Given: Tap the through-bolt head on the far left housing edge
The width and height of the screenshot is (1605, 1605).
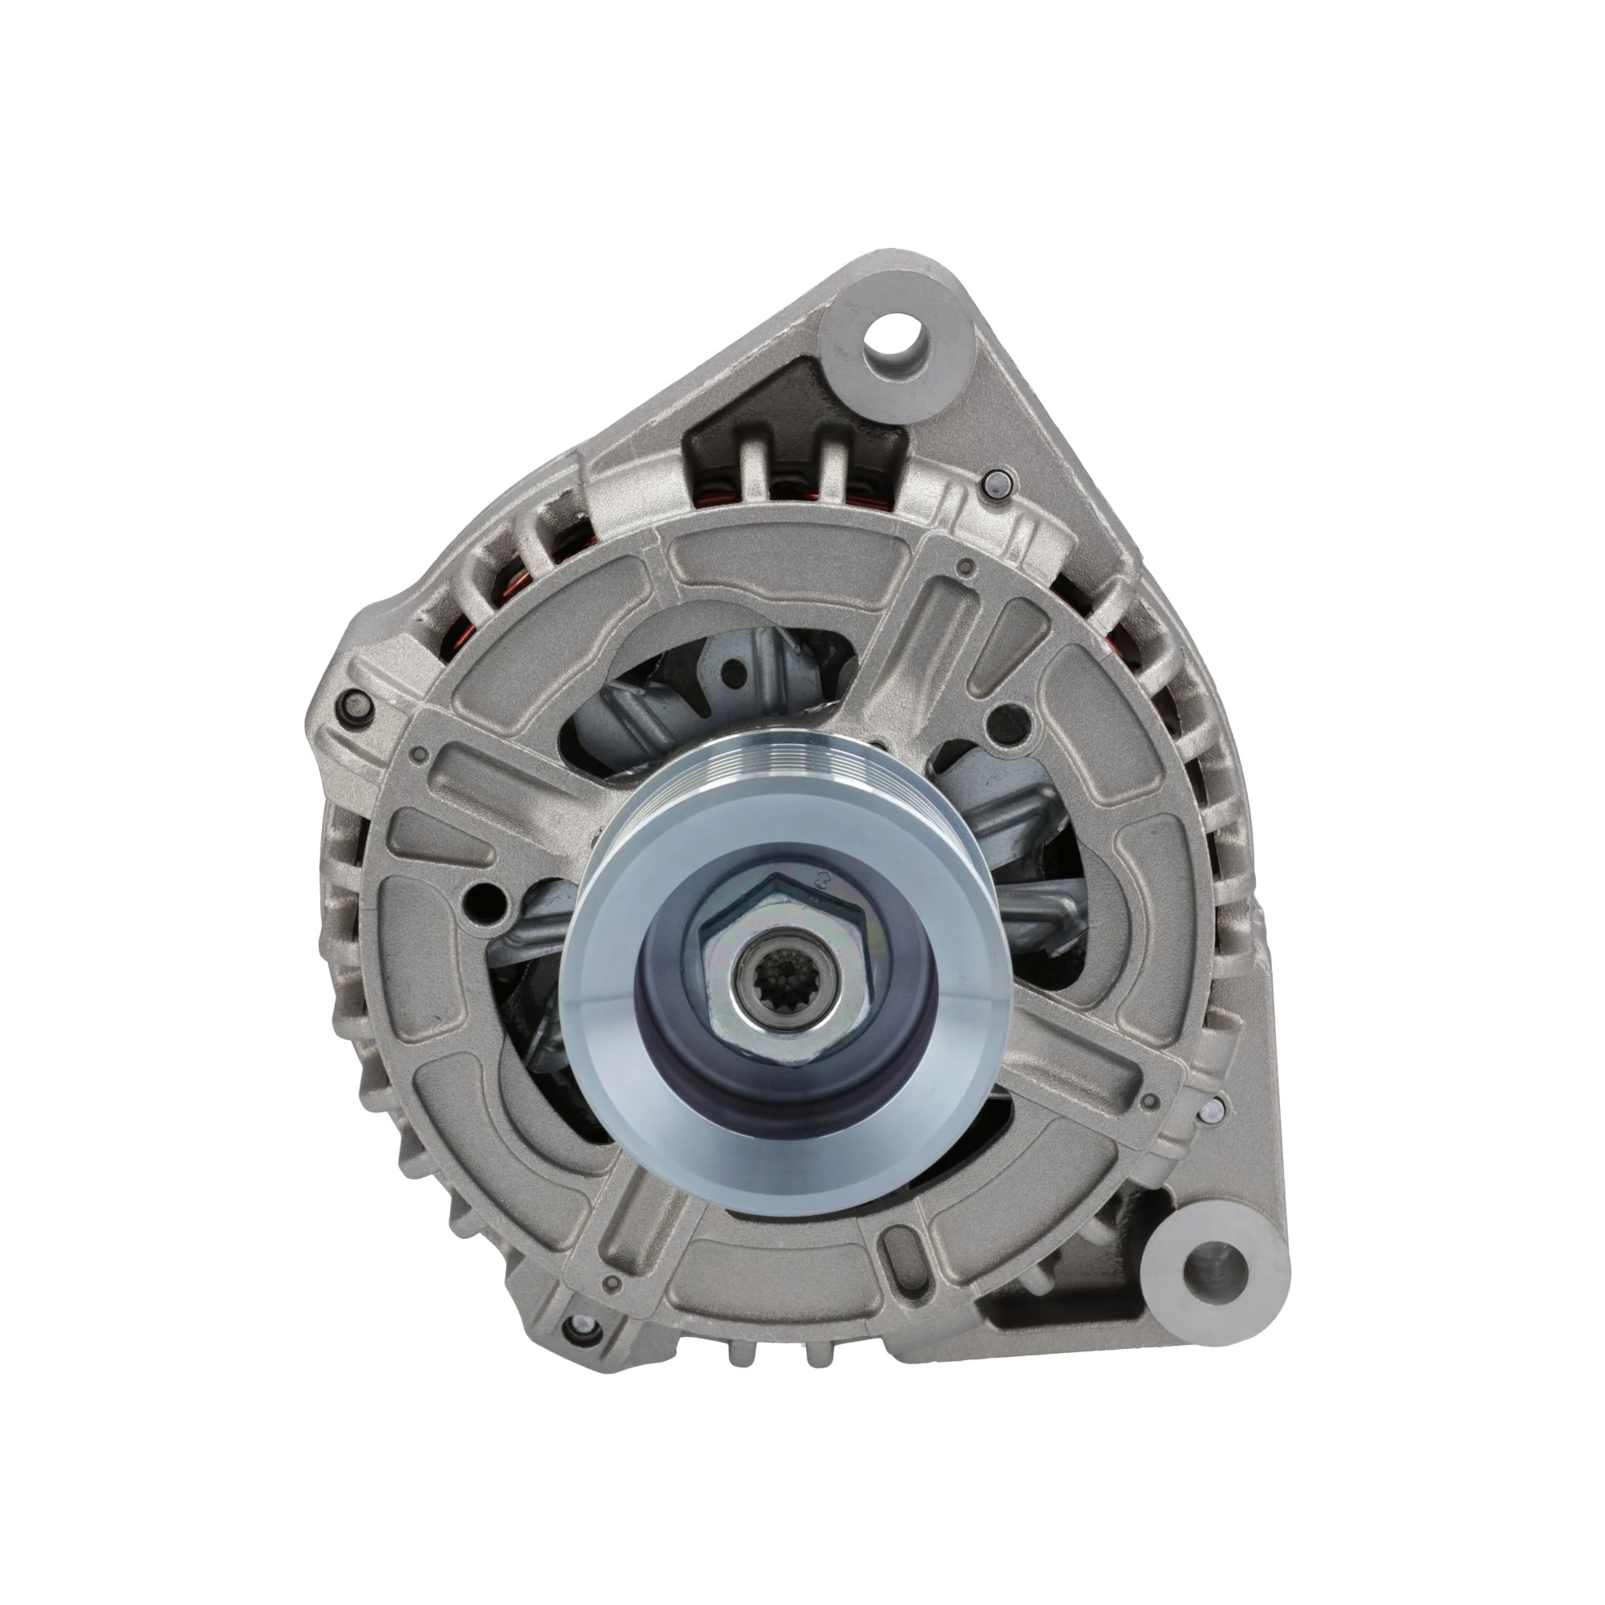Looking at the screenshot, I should (351, 704).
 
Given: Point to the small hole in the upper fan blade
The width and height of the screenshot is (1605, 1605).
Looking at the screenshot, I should (729, 675).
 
